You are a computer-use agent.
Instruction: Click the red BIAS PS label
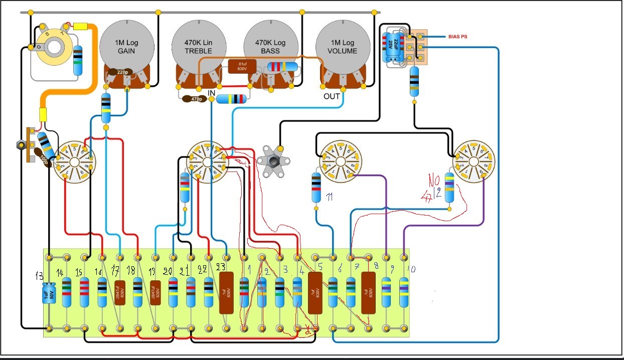coord(458,37)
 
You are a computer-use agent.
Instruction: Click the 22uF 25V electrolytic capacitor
coord(393,48)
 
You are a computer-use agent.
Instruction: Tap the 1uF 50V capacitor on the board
coord(49,293)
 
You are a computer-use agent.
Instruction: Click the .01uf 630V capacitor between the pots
coord(242,66)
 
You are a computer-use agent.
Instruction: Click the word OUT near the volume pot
coord(332,96)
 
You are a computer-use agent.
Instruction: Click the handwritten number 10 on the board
coord(411,269)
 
